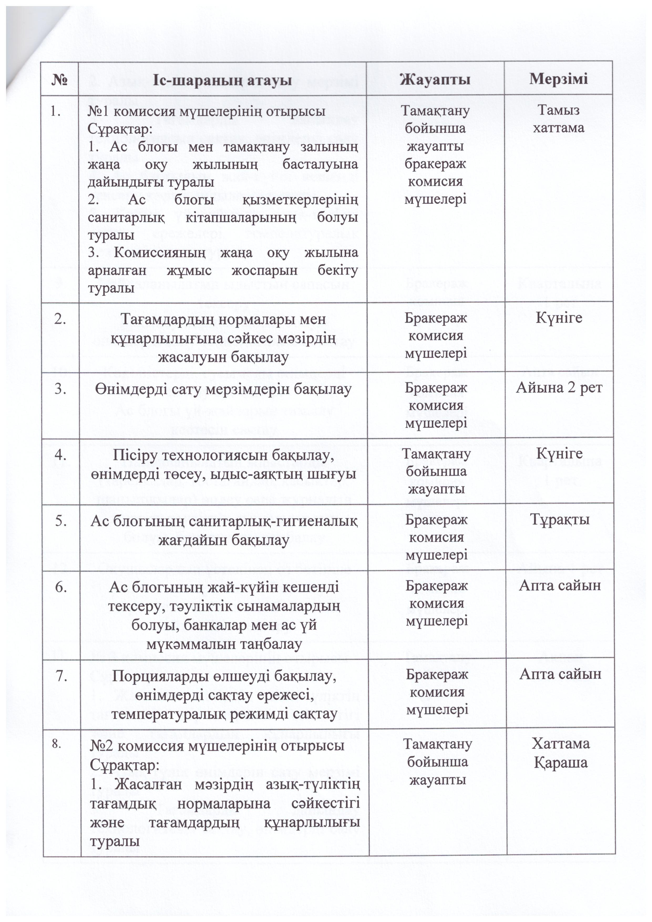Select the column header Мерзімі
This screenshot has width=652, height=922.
point(558,78)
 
